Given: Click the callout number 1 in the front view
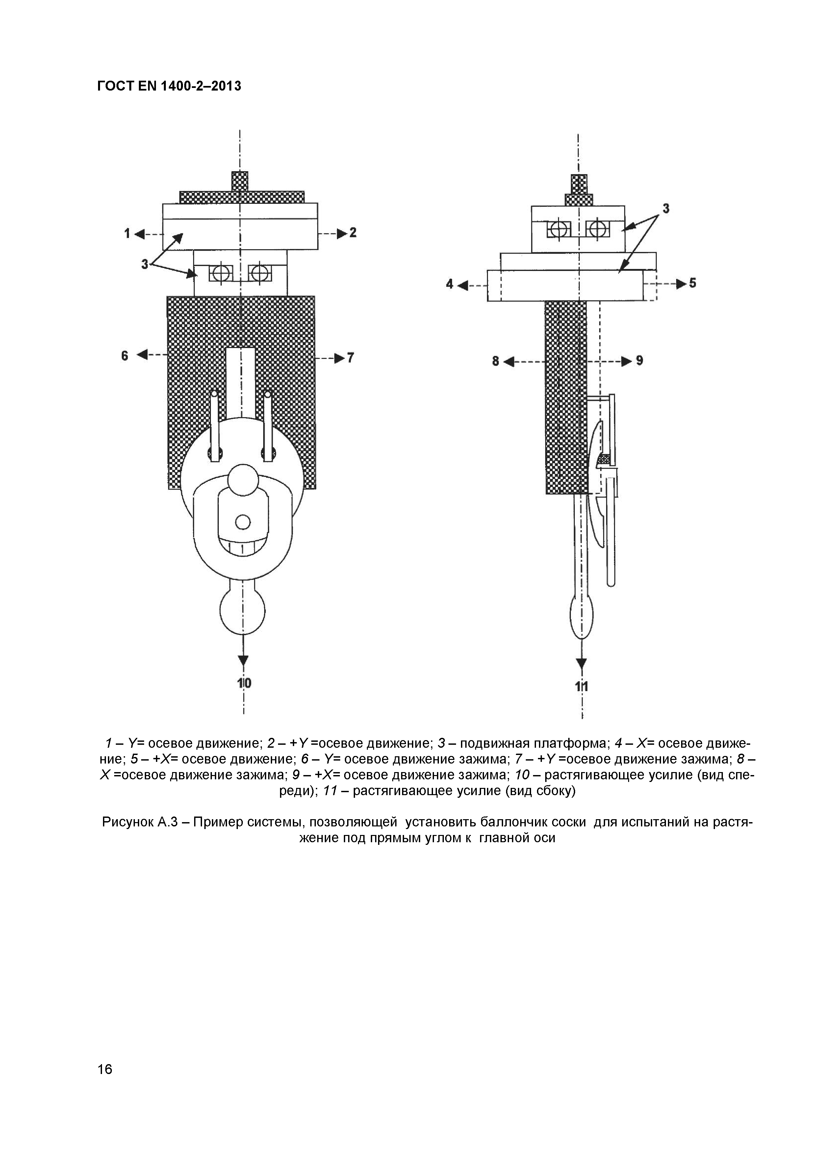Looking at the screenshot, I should [128, 233].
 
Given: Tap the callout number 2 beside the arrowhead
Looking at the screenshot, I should [353, 232].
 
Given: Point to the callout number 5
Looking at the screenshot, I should [693, 283].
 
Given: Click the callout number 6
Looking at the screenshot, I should [125, 356].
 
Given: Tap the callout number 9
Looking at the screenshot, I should [640, 360].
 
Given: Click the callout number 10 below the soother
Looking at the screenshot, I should [244, 683].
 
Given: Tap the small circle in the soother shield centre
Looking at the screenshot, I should [243, 523].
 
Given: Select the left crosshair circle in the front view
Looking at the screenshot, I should [220, 273].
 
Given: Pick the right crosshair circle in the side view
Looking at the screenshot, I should [597, 230].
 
